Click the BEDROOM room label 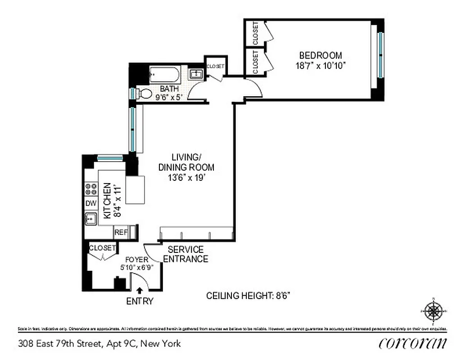pos(321,55)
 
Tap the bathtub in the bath pos(164,74)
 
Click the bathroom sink pos(196,74)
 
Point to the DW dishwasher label pos(91,203)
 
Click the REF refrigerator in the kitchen pos(121,232)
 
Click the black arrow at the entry pos(140,291)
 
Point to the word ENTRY pos(140,301)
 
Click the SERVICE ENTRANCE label pos(185,254)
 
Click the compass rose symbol pos(433,310)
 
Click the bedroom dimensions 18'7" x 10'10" pos(321,65)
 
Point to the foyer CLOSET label pos(103,248)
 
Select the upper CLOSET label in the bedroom pos(255,33)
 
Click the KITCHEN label pos(107,201)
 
